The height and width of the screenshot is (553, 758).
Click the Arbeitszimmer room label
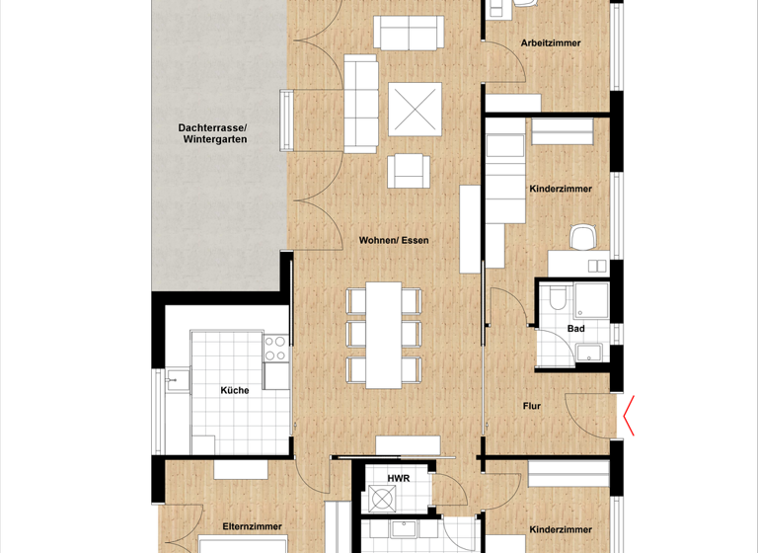(550, 43)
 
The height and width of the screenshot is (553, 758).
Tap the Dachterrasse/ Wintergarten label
(213, 134)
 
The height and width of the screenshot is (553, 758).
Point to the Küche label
(234, 390)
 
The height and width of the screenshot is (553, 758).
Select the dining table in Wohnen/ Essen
(383, 336)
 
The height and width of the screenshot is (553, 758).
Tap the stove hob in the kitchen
(273, 348)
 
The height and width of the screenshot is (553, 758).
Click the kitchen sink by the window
(176, 378)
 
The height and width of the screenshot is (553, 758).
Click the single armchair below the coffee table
(409, 171)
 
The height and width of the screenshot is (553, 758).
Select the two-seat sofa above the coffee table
(407, 34)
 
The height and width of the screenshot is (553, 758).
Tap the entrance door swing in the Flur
(588, 413)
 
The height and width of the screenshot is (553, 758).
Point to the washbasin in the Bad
(592, 351)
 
